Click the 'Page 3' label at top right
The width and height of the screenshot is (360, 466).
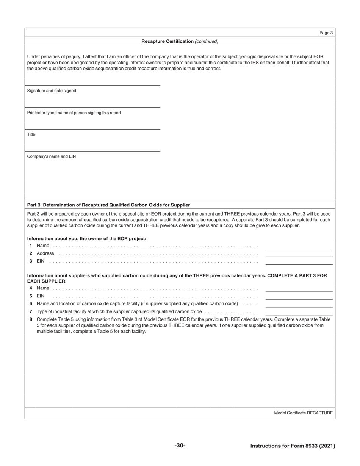click(x=326, y=33)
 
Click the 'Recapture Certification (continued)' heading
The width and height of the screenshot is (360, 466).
click(x=180, y=41)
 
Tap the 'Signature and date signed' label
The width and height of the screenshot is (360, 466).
click(x=52, y=91)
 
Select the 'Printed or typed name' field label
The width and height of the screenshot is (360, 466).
click(x=74, y=113)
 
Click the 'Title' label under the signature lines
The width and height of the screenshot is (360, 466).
click(x=31, y=134)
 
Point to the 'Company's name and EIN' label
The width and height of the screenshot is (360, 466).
click(x=51, y=156)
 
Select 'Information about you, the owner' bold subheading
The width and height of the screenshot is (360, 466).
click(x=86, y=239)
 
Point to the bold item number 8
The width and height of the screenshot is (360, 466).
click(x=31, y=319)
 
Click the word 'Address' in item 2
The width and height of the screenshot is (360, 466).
click(x=45, y=253)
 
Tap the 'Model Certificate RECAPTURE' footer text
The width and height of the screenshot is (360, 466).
click(x=303, y=413)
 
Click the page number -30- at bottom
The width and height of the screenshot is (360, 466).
click(x=180, y=446)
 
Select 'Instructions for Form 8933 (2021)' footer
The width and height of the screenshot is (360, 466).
click(x=293, y=446)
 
